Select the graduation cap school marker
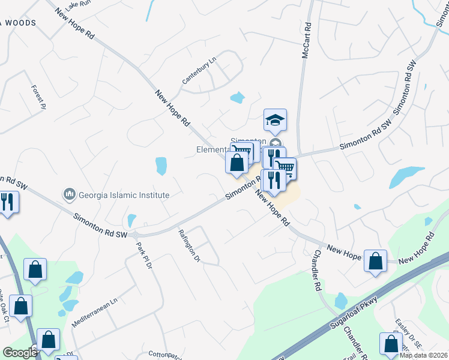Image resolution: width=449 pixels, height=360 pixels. [275, 121]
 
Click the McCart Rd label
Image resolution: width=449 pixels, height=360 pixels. [307, 41]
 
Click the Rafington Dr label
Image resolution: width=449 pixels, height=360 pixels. [188, 245]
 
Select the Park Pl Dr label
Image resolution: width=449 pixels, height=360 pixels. [142, 255]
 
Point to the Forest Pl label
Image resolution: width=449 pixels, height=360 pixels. [38, 97]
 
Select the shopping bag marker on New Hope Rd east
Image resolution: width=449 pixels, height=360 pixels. [376, 262]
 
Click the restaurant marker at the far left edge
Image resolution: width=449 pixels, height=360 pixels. [7, 200]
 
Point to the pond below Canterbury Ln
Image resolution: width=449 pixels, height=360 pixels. [237, 97]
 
